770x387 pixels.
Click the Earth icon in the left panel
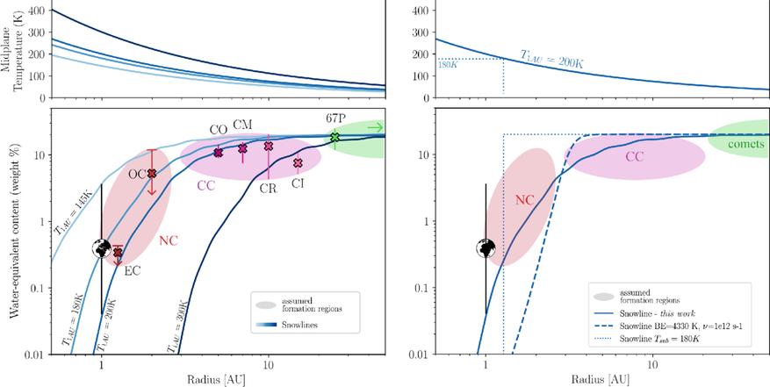pos(102,248)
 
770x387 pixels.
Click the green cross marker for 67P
pos(335,138)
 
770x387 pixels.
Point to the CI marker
pos(298,163)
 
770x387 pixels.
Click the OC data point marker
pos(151,174)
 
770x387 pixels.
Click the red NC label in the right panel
pos(523,199)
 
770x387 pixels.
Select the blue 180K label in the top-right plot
pos(435,63)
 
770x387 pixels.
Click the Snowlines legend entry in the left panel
pos(297,325)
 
